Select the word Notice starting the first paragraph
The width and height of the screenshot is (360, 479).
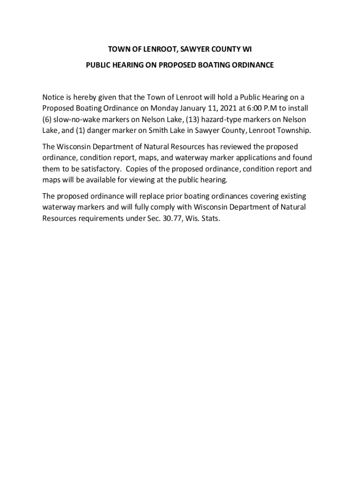[54, 97]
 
